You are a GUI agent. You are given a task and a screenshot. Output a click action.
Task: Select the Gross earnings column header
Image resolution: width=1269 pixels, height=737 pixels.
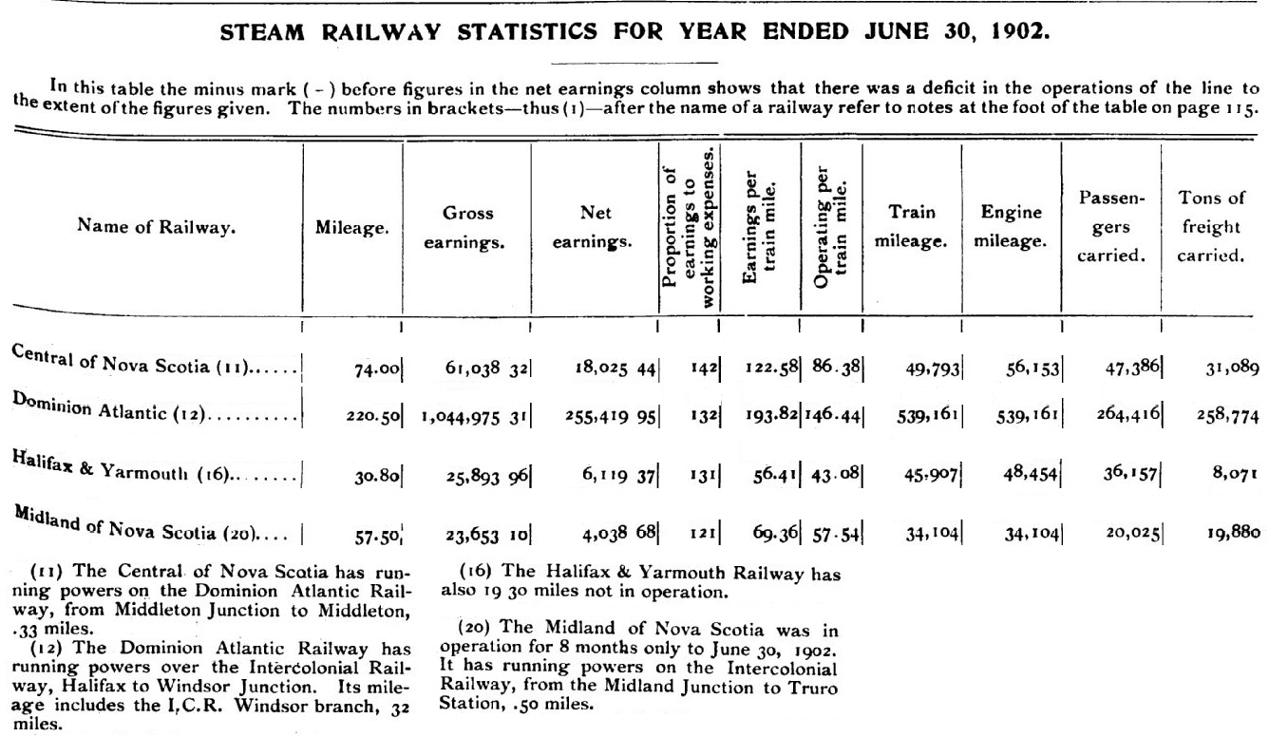pos(467,228)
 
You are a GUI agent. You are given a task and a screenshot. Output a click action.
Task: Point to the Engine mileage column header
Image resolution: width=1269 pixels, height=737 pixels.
pos(1011,228)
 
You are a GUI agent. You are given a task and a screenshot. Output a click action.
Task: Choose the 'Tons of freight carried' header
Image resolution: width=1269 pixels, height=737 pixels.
pos(1210,228)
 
